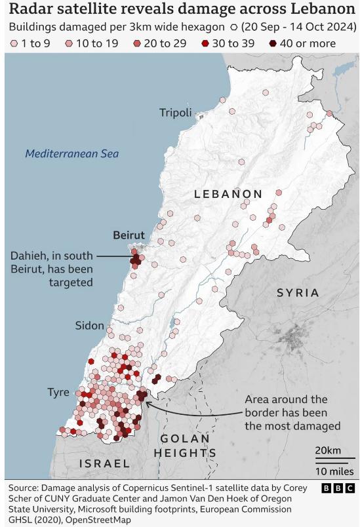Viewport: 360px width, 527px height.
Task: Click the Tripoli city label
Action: click(175, 113)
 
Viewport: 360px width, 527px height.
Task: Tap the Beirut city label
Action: click(129, 235)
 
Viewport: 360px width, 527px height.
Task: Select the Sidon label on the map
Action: click(89, 325)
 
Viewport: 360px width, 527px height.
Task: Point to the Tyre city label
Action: click(58, 392)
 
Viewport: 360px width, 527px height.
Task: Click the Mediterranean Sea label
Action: click(72, 154)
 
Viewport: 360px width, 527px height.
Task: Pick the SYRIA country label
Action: click(298, 293)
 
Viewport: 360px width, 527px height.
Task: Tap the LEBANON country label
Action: click(228, 194)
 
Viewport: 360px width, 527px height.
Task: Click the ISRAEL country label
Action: click(104, 463)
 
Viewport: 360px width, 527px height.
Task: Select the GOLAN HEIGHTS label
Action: click(185, 446)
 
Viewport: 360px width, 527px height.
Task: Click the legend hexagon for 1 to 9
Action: click(12, 44)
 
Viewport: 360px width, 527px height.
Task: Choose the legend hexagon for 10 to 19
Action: click(68, 44)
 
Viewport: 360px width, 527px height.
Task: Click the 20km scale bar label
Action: click(327, 450)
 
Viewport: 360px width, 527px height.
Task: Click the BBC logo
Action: click(338, 488)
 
